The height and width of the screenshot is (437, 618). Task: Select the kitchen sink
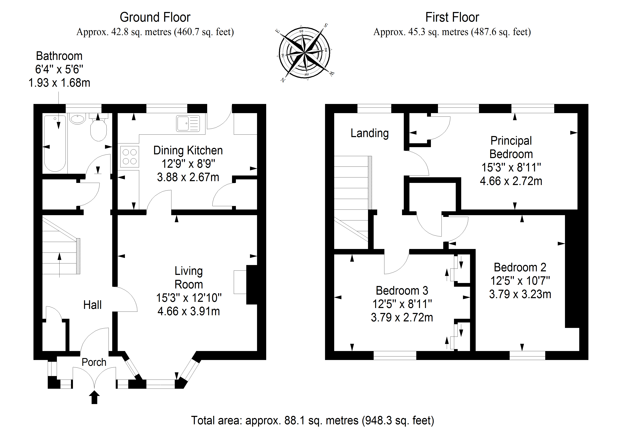pos(188,124)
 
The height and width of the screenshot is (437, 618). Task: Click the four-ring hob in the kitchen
pos(129,157)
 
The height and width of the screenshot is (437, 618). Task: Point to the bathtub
pos(55,143)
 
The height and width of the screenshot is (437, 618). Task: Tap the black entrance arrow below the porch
pos(94,397)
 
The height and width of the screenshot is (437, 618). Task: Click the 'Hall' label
pos(92,305)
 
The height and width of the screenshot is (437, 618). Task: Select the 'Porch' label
pos(94,362)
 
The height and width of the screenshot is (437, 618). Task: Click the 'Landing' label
pos(370,133)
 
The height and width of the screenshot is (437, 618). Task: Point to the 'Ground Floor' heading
pos(155,17)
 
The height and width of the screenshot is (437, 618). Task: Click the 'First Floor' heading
pos(452,17)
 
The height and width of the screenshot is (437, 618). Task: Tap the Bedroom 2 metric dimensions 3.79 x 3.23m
pos(520,294)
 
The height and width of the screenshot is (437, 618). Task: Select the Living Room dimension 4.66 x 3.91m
pos(189,311)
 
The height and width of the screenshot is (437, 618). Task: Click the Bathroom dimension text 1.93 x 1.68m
pos(59,83)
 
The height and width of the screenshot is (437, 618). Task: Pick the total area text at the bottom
pos(313,420)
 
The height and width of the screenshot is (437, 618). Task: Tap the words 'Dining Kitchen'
pos(188,150)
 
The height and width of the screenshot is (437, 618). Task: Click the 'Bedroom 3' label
pos(402,291)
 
